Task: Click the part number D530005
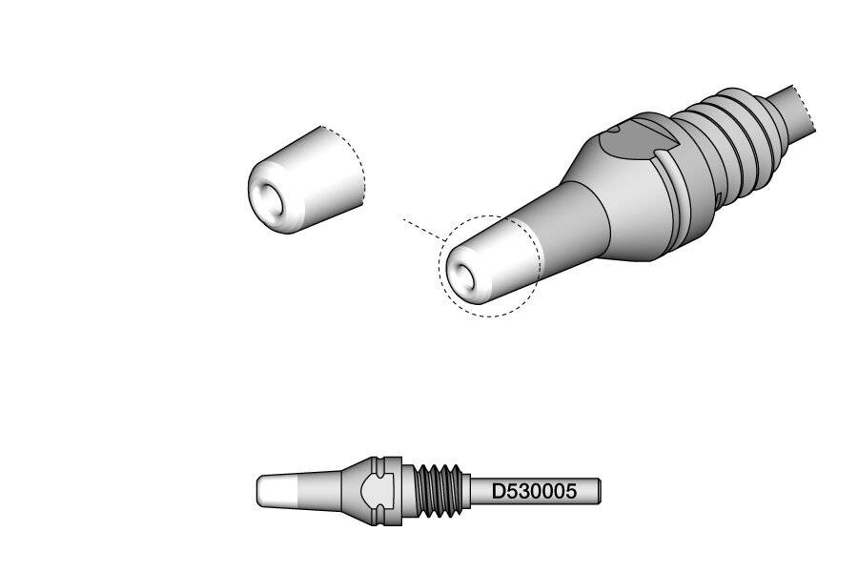pyautogui.click(x=534, y=492)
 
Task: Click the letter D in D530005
pyautogui.click(x=498, y=492)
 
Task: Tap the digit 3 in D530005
pyautogui.click(x=522, y=492)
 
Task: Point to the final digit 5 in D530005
pyautogui.click(x=570, y=492)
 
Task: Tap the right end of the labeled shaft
pyautogui.click(x=598, y=492)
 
